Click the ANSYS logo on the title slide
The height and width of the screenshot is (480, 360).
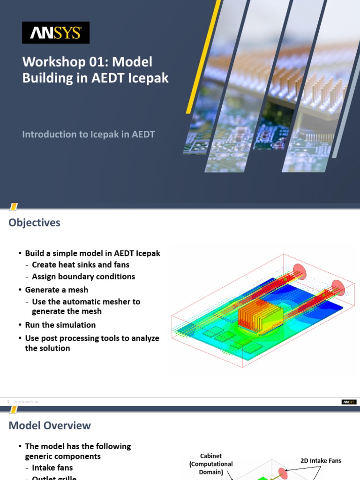56,33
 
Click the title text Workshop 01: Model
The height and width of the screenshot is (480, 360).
87,62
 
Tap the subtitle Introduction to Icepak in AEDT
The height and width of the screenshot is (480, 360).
89,134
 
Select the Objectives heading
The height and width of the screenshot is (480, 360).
34,223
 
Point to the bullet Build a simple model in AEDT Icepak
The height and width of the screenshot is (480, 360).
92,253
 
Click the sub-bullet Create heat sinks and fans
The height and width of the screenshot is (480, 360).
81,265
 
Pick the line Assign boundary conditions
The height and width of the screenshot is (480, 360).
83,277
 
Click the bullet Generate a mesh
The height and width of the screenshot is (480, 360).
56,290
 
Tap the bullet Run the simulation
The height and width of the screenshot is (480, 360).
60,325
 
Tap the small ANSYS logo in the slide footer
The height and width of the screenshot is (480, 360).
349,402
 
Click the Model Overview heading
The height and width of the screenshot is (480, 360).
50,426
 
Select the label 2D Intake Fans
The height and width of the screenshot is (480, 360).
321,461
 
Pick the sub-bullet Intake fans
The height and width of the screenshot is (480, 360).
52,468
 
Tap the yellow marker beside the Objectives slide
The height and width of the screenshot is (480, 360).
14,207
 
